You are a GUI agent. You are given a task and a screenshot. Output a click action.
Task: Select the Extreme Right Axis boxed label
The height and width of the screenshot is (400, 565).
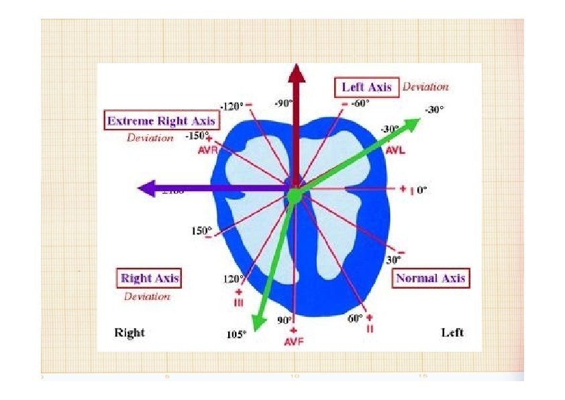[162, 121]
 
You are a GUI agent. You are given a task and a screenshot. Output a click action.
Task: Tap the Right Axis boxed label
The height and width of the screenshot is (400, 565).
[150, 278]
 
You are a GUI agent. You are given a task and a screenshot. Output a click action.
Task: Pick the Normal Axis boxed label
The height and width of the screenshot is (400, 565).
[430, 279]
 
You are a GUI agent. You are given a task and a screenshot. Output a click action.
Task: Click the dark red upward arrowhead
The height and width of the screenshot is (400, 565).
[295, 73]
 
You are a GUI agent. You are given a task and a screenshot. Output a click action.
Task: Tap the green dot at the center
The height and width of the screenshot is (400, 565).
[294, 195]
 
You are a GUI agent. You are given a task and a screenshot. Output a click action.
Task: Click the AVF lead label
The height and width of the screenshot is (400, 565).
[293, 342]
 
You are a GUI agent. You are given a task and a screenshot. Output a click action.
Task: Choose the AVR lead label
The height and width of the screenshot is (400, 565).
[207, 150]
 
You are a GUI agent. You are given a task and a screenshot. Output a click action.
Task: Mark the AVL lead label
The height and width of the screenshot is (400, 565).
[395, 150]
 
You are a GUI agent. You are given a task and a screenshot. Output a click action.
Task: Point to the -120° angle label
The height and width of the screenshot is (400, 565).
[231, 106]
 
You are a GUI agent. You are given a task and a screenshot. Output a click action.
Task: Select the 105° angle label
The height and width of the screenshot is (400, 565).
[236, 334]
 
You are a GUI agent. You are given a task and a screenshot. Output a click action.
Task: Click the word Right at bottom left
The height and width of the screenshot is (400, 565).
[130, 332]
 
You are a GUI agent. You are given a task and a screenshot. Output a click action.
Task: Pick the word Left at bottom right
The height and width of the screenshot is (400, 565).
[452, 332]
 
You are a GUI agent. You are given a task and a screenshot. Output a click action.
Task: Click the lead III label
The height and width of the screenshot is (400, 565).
[238, 303]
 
